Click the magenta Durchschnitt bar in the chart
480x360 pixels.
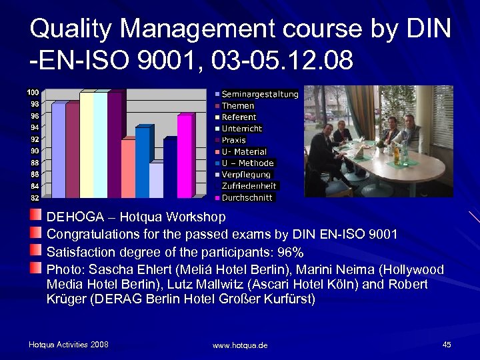(184, 157)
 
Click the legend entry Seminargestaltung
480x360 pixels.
(259, 94)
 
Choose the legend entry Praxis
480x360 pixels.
(233, 140)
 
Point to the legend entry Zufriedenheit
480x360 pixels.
(249, 186)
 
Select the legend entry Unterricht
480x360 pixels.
(241, 129)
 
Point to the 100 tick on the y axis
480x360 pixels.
(33, 91)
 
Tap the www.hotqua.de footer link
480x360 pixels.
(240, 345)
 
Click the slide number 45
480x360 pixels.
(446, 345)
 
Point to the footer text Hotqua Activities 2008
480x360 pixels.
(68, 345)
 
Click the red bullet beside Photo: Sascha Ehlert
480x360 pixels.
(36, 268)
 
